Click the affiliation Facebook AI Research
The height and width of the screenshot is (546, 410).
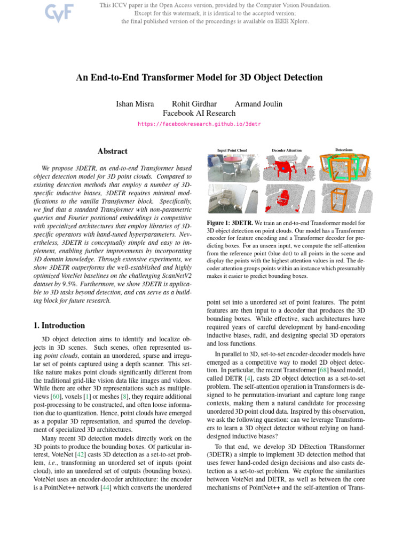tap(199, 113)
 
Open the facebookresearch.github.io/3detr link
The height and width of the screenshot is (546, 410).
tap(200, 124)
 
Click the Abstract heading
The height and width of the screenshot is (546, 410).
tap(113, 151)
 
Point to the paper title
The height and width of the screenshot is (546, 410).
tap(199, 77)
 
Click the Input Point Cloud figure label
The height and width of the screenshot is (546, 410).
tap(232, 151)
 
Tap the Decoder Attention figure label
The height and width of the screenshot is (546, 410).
tap(287, 151)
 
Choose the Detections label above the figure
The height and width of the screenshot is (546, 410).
tap(344, 150)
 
